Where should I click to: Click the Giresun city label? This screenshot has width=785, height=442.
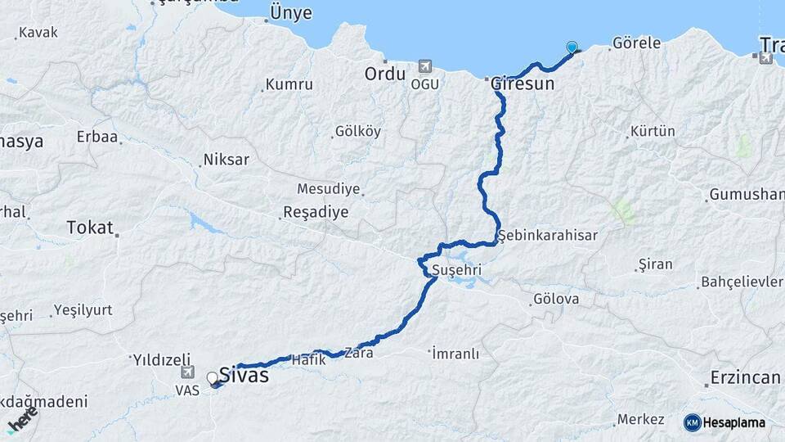523,83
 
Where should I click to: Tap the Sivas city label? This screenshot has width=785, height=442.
244,376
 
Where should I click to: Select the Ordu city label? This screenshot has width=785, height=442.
384,74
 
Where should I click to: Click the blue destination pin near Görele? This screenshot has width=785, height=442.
572,47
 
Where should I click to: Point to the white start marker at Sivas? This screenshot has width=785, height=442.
213,378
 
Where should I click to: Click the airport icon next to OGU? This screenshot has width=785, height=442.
424,66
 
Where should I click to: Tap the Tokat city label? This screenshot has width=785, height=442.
89,227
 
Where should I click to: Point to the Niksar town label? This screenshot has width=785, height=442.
226,160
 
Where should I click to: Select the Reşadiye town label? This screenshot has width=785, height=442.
315,212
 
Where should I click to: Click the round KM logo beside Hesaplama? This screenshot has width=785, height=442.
692,422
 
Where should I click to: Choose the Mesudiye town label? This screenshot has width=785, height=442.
328,188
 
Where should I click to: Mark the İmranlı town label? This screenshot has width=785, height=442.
454,354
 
